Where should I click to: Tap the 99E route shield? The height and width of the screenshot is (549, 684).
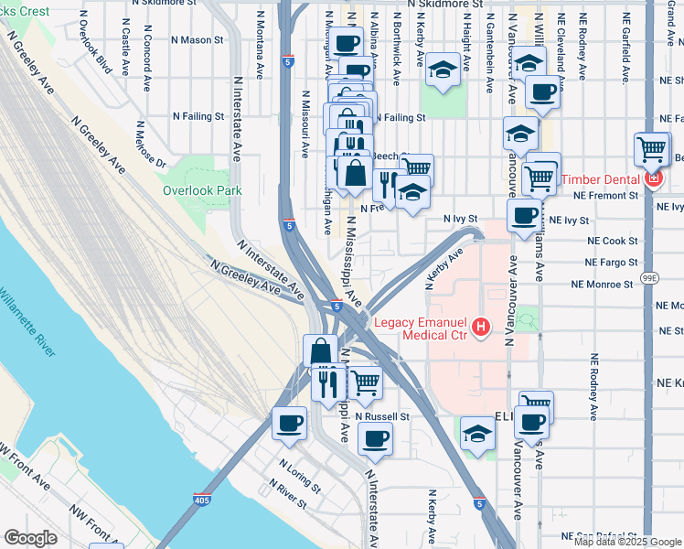click(649, 277)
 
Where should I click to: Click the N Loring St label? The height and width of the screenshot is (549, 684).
click(300, 475)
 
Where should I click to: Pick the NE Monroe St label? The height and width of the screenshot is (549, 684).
click(602, 285)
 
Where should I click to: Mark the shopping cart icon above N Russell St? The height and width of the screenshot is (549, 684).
click(366, 383)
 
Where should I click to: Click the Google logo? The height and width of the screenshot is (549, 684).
click(31, 537)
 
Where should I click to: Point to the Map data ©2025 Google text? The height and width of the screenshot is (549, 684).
click(627, 542)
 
